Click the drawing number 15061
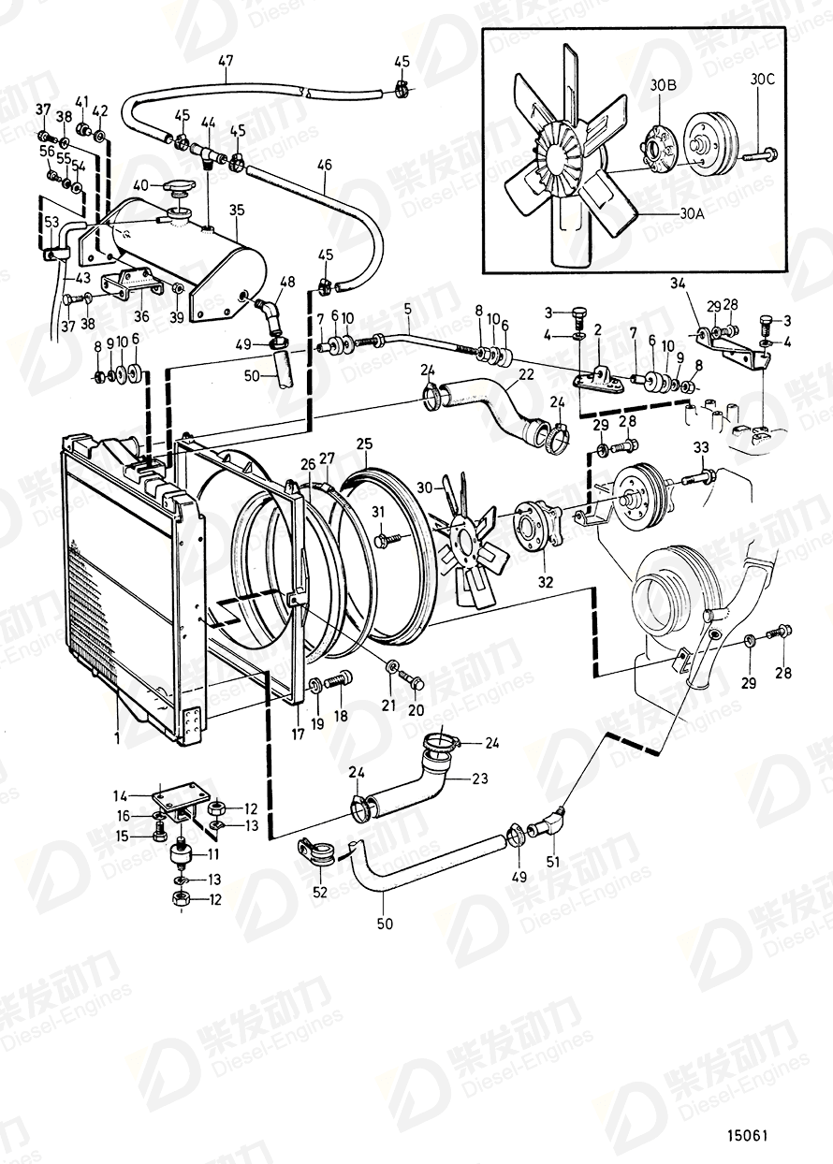tap(748, 1136)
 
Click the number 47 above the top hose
tap(226, 62)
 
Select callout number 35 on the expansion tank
tap(237, 211)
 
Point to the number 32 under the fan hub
tap(545, 582)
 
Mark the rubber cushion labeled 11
tap(179, 853)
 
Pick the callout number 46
tap(325, 166)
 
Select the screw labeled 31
tap(387, 540)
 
